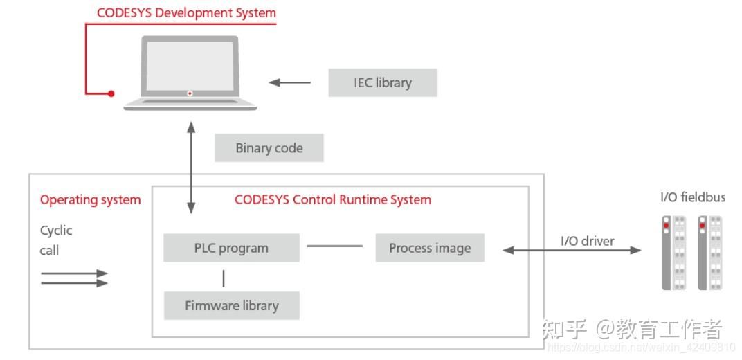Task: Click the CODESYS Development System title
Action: point(186,13)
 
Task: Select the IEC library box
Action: point(383,82)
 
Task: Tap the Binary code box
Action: point(269,148)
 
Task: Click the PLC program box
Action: point(231,248)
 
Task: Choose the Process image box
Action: point(430,248)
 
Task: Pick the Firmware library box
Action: point(231,305)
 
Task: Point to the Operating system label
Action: point(90,200)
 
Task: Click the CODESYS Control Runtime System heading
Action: point(333,200)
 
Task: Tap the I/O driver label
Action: point(587,241)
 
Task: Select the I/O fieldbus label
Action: point(692,197)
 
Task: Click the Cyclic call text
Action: point(55,240)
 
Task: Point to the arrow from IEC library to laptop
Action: point(290,83)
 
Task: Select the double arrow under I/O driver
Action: point(572,251)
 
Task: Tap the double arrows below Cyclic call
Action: point(74,278)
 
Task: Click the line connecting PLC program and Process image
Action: point(335,246)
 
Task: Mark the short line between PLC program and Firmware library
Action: point(223,278)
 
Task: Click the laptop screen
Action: point(190,66)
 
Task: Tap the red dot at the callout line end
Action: point(111,93)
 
